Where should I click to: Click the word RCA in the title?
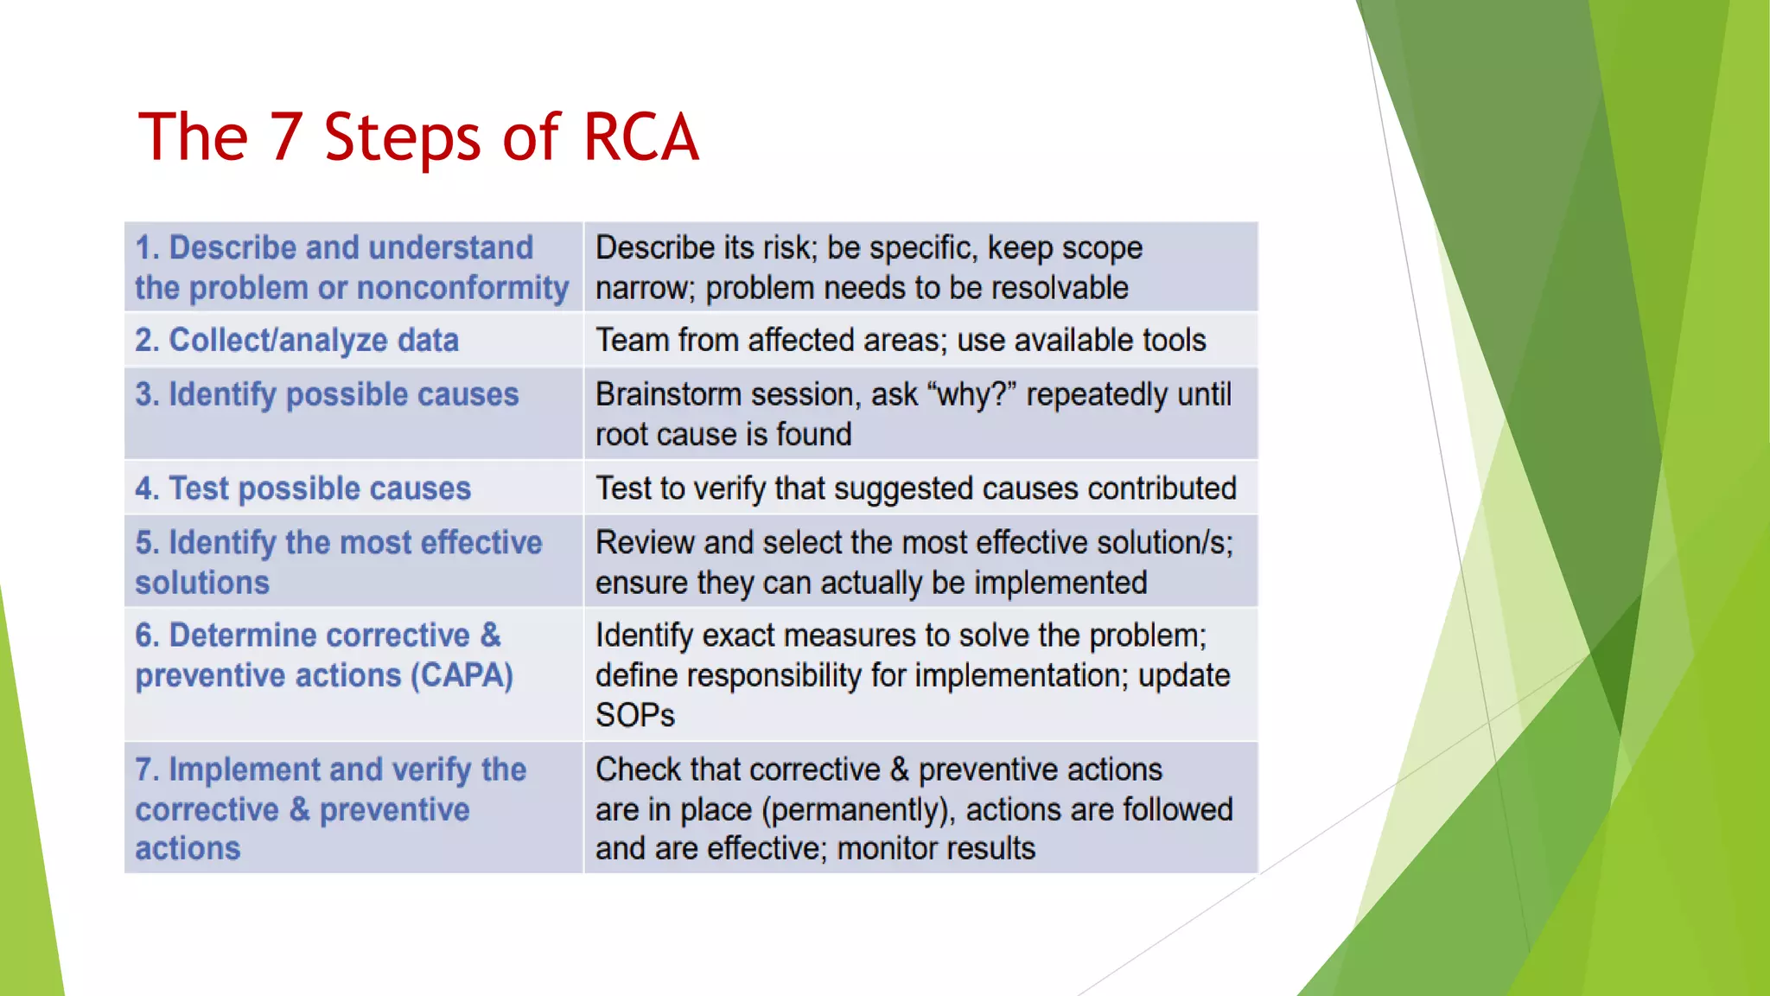pyautogui.click(x=640, y=137)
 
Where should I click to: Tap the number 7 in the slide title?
pyautogui.click(x=286, y=137)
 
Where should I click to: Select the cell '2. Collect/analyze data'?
pyautogui.click(x=296, y=341)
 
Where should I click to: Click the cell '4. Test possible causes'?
pyautogui.click(x=302, y=488)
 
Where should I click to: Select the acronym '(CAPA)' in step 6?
pyautogui.click(x=462, y=675)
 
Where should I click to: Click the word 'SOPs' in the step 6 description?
pyautogui.click(x=634, y=715)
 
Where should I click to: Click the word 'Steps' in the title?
pyautogui.click(x=402, y=137)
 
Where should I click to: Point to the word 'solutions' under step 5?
pyautogui.click(x=202, y=583)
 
